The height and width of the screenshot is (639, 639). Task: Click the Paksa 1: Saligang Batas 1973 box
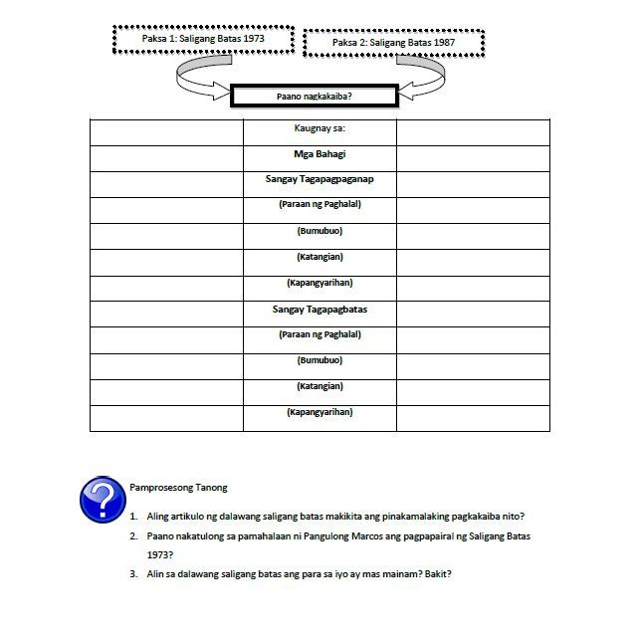(204, 40)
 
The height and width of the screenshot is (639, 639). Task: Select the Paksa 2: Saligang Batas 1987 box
(394, 44)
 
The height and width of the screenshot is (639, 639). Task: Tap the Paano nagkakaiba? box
(314, 97)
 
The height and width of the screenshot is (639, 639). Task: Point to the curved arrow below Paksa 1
(199, 79)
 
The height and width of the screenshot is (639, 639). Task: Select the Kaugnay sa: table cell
(319, 129)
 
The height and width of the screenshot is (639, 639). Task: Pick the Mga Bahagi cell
(319, 154)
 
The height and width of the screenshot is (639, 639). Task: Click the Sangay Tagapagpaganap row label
(319, 180)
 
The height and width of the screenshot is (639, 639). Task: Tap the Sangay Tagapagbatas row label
(319, 310)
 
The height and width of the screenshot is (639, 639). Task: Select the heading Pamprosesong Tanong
(178, 488)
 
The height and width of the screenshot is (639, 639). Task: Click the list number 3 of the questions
(132, 573)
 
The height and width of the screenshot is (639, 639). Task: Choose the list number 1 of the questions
(132, 517)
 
